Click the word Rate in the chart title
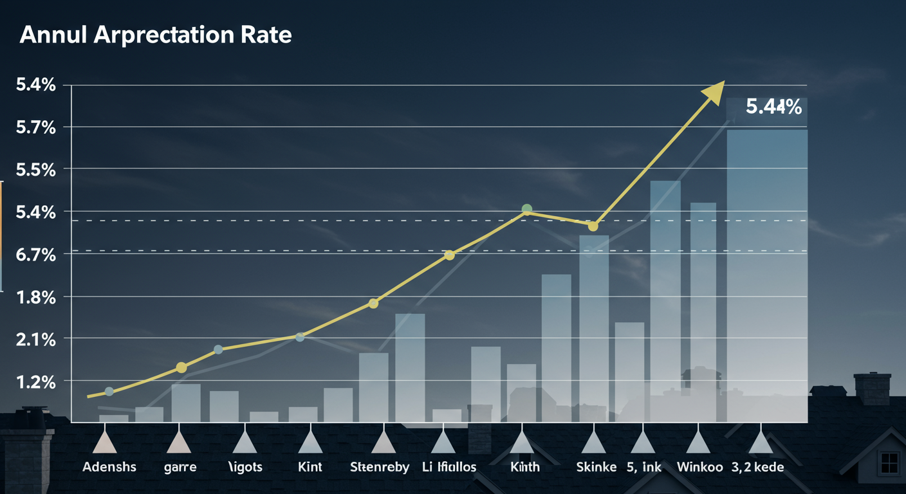tap(266, 35)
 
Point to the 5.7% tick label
tap(35, 127)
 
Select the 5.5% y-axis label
tap(35, 170)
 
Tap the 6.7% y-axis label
tap(35, 255)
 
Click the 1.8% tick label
tap(35, 297)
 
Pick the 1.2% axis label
tap(35, 382)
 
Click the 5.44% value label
tap(773, 107)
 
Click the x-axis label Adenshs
tap(109, 467)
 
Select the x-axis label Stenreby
tap(379, 467)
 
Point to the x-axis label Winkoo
tap(699, 467)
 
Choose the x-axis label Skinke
tap(596, 467)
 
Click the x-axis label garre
tap(180, 467)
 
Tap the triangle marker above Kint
tap(310, 443)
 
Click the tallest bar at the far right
tap(766, 270)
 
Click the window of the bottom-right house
tap(889, 462)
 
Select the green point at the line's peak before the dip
tap(527, 209)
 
